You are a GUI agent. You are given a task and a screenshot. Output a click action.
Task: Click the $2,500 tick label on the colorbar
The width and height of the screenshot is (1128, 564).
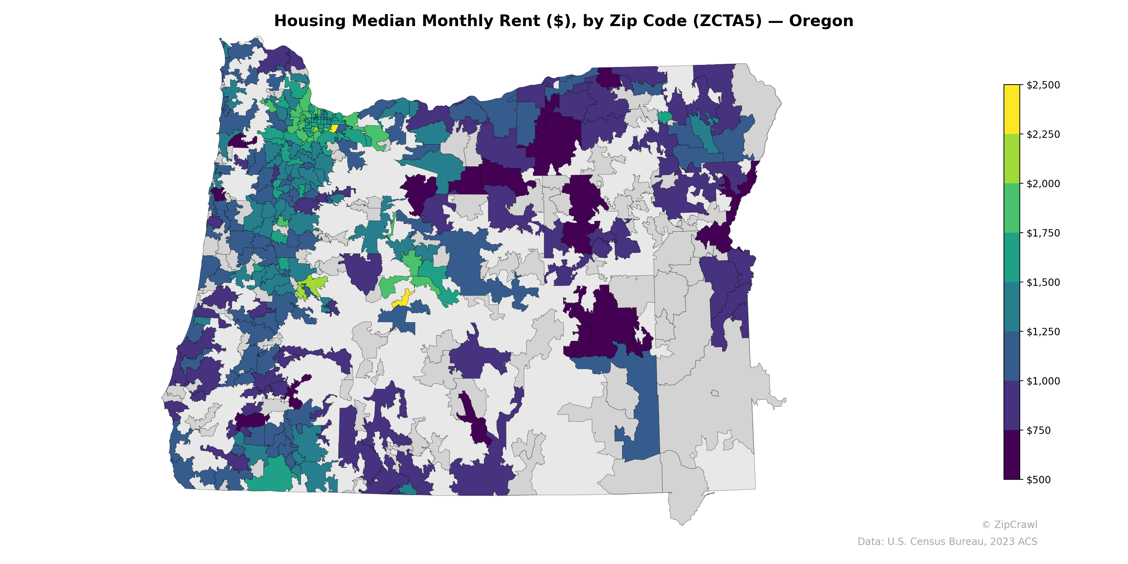1043,85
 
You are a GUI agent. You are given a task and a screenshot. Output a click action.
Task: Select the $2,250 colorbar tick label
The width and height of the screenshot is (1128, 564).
1043,134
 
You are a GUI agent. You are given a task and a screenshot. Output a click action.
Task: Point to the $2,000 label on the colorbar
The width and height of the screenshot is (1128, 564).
1043,183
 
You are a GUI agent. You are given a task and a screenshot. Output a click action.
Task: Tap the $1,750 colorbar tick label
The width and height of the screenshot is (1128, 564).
1043,233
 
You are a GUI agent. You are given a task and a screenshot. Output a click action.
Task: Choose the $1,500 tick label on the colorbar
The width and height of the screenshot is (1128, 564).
1043,282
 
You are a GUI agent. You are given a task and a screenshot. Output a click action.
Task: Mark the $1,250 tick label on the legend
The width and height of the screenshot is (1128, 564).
1043,331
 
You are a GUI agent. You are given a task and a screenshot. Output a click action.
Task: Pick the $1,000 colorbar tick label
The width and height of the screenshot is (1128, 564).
1043,381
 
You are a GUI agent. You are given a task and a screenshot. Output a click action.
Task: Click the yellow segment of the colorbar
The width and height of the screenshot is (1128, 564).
1012,110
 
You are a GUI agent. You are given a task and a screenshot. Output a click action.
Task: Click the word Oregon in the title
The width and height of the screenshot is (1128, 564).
821,21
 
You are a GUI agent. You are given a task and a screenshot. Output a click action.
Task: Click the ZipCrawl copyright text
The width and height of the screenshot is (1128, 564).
1009,525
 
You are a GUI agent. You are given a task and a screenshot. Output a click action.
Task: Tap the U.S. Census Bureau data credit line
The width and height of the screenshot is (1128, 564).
947,542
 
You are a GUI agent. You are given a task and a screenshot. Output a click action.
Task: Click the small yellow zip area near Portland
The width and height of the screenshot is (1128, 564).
334,128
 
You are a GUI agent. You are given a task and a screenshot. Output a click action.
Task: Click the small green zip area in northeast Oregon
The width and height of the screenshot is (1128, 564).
665,117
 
